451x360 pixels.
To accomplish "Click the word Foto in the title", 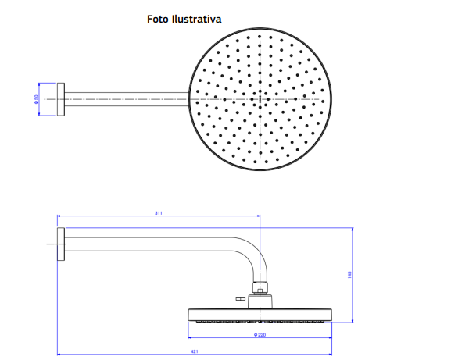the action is pos(158,19).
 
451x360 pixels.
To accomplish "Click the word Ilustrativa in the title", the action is pos(197,19).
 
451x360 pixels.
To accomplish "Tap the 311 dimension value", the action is pos(159,213).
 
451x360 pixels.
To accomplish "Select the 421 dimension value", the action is pos(195,351).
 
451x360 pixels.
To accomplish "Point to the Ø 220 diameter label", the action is pos(260,335).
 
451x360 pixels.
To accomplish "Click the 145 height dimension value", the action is pos(349,275).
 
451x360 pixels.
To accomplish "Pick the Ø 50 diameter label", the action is pos(36,99).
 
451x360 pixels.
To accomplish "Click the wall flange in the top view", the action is pos(61,99).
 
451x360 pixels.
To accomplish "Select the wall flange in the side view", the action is pos(61,244).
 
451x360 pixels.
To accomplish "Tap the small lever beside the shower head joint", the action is pos(241,298).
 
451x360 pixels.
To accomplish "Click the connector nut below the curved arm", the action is pos(260,287).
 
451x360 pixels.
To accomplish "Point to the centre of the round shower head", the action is pos(260,99).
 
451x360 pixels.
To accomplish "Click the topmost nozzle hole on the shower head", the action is pos(260,37).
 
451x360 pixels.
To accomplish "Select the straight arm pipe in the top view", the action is pos(127,99).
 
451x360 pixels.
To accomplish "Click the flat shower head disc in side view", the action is pos(260,315).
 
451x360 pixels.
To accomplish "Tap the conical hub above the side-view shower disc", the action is pos(260,301).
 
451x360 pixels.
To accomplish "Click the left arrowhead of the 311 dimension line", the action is pos(59,216).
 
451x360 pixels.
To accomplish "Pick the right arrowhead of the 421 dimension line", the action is pos(330,355).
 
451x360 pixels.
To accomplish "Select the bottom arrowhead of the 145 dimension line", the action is pos(353,320).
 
